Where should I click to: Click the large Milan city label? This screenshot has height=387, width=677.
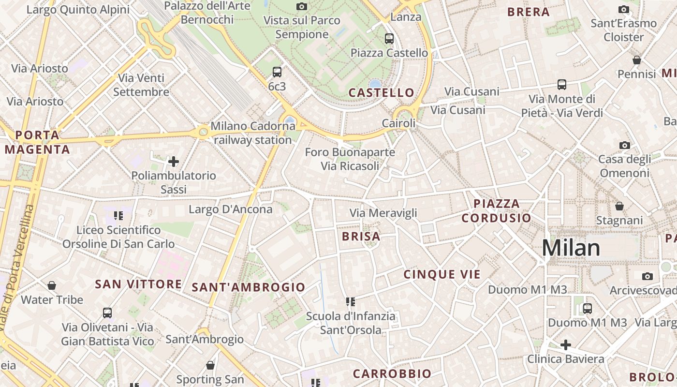[x=571, y=248]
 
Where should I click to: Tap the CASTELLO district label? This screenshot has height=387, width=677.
[x=382, y=92]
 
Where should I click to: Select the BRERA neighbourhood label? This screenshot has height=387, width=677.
[x=529, y=12]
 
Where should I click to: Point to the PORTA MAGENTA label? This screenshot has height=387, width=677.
[x=38, y=142]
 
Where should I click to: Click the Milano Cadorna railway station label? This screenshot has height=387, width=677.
[x=253, y=133]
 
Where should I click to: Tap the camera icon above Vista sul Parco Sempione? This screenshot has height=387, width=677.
[x=302, y=6]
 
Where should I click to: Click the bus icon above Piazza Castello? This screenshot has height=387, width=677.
[x=389, y=39]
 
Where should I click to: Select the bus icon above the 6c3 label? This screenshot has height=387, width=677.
[x=277, y=72]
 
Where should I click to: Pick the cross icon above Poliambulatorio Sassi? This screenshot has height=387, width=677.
[x=174, y=161]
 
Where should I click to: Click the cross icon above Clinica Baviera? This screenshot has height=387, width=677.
[x=565, y=345]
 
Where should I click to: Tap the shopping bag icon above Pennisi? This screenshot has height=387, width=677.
[x=637, y=60]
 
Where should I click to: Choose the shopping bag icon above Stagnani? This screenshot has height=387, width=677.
[x=619, y=206]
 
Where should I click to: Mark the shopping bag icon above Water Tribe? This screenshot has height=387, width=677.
[x=52, y=285]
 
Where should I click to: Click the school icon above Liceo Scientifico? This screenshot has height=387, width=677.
[x=118, y=215]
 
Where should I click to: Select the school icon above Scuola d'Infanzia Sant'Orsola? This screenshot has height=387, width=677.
[x=351, y=302]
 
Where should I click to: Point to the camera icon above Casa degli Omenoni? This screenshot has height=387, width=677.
[x=624, y=145]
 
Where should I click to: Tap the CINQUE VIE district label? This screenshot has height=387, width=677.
[x=442, y=274]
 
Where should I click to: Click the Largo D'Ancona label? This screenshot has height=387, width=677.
[x=231, y=209]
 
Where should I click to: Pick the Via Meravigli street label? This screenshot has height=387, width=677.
[x=383, y=213]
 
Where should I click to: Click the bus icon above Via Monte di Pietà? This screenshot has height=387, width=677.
[x=562, y=85]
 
